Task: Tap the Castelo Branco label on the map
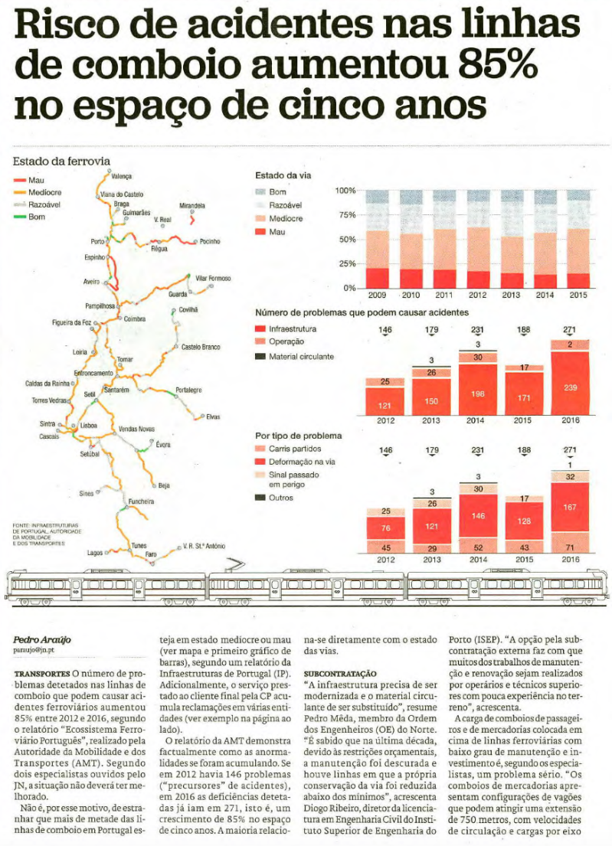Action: (201, 348)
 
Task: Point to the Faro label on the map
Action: (151, 554)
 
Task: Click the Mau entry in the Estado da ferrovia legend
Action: (37, 179)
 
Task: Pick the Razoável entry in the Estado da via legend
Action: (285, 205)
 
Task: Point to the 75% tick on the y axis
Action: (346, 215)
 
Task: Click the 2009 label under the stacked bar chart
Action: (377, 295)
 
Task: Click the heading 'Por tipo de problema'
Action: (298, 436)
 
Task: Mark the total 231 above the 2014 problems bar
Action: (478, 330)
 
